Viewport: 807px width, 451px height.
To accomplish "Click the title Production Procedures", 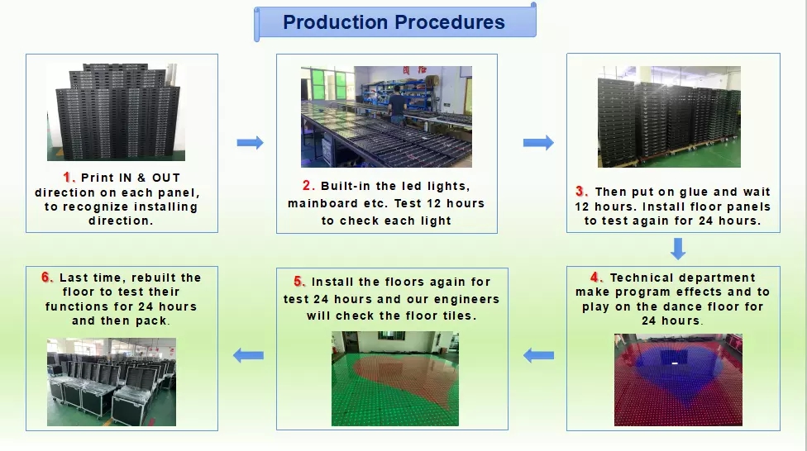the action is click(x=394, y=22).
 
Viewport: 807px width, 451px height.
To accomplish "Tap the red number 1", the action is click(x=68, y=178).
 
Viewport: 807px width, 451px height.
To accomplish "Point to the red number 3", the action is click(x=581, y=192).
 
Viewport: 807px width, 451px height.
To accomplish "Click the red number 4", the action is click(x=596, y=278).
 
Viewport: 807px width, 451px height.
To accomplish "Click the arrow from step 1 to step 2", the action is click(x=251, y=142).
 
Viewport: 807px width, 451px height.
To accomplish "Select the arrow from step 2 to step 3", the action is click(x=538, y=142).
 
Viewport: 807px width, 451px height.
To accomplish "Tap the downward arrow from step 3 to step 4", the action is click(x=678, y=249).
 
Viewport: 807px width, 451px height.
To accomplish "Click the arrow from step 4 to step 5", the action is click(x=539, y=355).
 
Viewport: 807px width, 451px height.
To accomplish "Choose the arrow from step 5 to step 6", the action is click(x=248, y=355).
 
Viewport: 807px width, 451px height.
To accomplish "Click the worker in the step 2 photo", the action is click(x=397, y=105).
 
